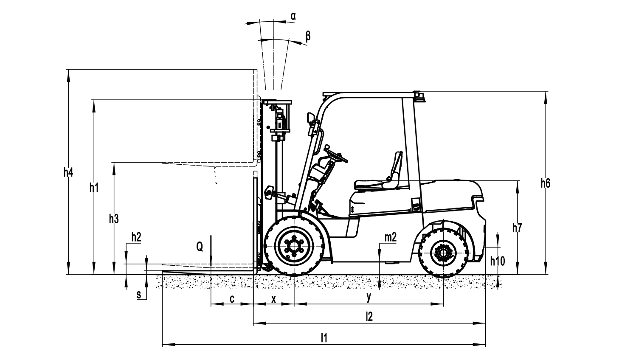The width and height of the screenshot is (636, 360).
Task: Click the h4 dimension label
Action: pos(68,173)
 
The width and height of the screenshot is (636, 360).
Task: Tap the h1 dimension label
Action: pos(94,188)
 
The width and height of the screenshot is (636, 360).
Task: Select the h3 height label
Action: pos(114,219)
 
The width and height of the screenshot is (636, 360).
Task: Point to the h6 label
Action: pos(546,183)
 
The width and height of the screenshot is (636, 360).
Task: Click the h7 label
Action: pos(517,228)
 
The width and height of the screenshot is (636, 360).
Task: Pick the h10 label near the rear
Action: pos(498,261)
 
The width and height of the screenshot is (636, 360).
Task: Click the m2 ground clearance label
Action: pos(391,237)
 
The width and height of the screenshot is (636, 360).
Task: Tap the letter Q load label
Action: pos(200,247)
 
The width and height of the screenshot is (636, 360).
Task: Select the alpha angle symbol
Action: pos(293,16)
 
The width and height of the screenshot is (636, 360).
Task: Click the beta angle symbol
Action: pos(308,37)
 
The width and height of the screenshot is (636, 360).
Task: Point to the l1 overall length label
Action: pos(324,338)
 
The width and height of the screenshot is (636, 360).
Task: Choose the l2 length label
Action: pos(369,316)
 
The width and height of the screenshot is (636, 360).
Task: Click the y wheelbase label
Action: pos(369,297)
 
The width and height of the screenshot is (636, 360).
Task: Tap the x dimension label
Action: pos(274,299)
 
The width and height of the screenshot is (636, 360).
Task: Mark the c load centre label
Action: pos(232,299)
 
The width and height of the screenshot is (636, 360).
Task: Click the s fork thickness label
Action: pos(139,295)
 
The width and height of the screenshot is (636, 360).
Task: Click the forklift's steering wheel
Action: pos(336,154)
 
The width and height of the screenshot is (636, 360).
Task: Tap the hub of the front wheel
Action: pos(294,245)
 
